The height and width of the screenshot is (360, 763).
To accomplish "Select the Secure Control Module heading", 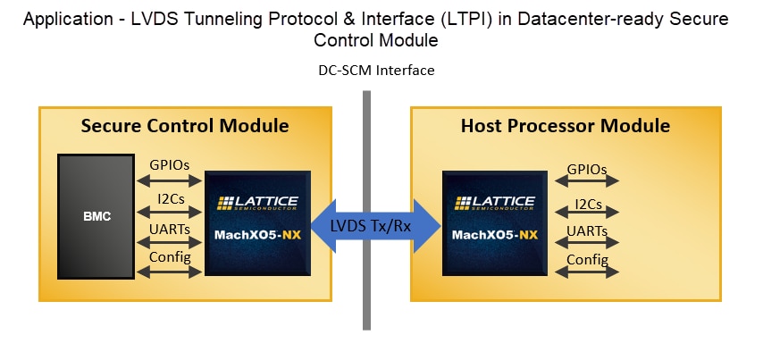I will [185, 126].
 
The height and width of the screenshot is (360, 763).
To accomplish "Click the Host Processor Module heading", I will [565, 126].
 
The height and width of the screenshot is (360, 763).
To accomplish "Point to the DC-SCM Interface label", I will [376, 71].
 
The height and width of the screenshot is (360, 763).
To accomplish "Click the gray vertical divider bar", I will [366, 295].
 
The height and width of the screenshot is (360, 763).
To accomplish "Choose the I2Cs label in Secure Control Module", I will [172, 198].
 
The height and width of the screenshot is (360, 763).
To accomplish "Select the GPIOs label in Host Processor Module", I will [587, 168].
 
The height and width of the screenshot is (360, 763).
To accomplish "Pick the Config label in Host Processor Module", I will [587, 260].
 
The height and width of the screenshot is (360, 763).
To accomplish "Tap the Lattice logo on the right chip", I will [495, 202].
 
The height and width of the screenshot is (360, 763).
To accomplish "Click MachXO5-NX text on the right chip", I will [495, 236].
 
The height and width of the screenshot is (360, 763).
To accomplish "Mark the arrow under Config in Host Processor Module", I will [587, 272].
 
